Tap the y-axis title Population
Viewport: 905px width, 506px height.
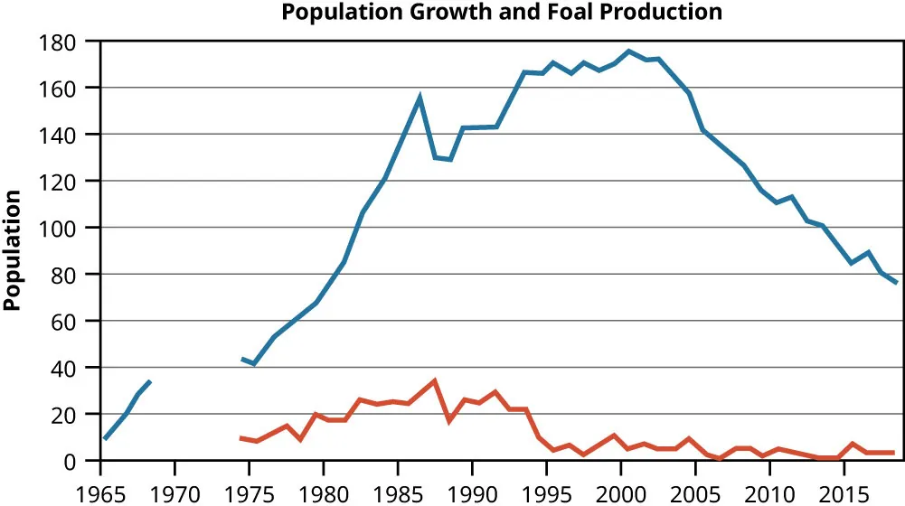point(13,250)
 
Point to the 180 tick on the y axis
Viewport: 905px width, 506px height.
point(73,42)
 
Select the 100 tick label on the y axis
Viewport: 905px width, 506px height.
point(73,228)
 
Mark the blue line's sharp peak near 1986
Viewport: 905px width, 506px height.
point(420,97)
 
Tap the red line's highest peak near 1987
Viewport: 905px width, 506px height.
point(435,380)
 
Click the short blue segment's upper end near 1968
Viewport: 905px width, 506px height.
point(150,381)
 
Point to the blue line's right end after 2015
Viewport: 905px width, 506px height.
point(896,283)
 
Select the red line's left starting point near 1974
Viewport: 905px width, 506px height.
point(240,438)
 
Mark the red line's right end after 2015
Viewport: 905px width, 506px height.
point(894,453)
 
